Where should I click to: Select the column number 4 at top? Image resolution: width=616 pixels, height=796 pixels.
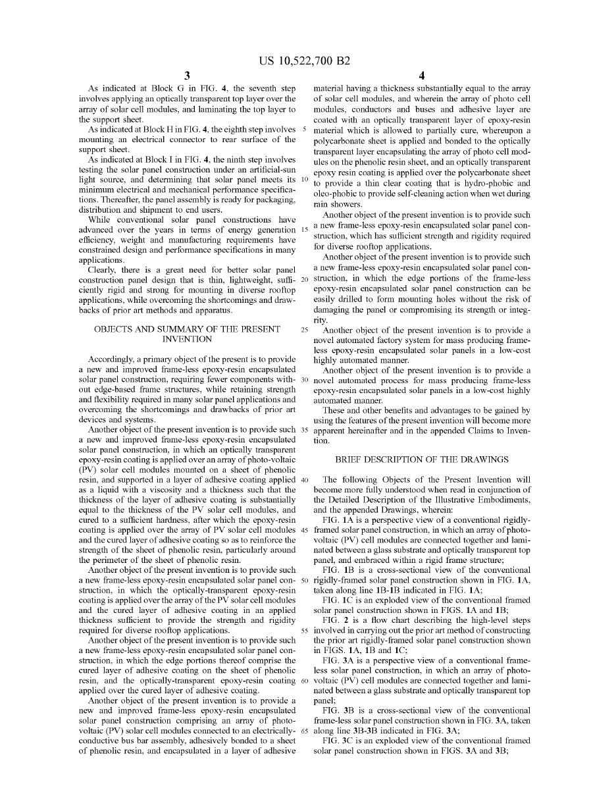pos(422,76)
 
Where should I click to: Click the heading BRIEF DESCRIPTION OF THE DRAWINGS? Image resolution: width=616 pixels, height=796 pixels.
pos(421,460)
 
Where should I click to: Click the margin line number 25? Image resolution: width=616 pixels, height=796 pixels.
pos(304,330)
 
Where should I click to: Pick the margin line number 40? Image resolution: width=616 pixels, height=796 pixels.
pos(304,479)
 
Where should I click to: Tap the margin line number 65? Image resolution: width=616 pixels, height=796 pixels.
pos(304,731)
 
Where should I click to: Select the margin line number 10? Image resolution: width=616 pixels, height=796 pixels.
pos(304,180)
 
